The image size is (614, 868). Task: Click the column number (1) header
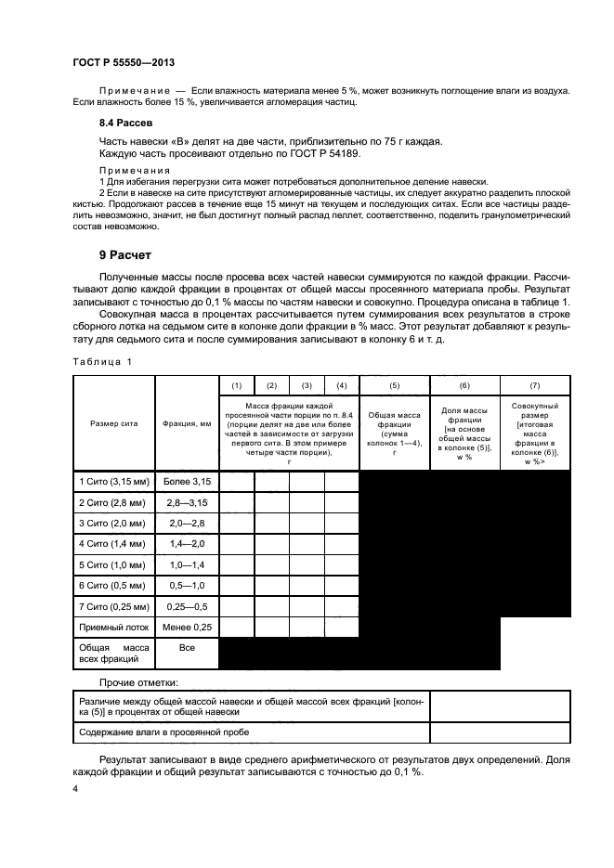(236, 384)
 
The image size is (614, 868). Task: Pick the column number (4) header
(341, 384)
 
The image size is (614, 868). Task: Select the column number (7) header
(534, 384)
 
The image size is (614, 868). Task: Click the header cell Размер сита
(113, 422)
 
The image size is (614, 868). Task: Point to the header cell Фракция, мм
(187, 422)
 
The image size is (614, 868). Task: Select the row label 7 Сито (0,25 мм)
(114, 606)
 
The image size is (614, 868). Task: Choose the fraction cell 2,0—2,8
(187, 523)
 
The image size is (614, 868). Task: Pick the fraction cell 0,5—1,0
(187, 586)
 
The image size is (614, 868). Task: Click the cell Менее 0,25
(187, 628)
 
